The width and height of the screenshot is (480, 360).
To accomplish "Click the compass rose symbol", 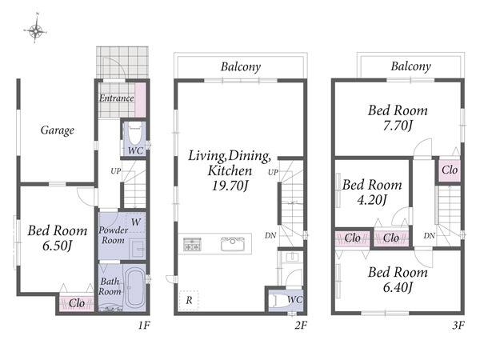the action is [35, 30].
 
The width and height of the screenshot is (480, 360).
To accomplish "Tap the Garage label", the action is [58, 130].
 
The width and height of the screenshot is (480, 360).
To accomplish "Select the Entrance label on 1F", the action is [117, 98].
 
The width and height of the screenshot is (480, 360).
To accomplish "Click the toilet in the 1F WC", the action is [135, 133].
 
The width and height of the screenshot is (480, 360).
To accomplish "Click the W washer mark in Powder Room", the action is [136, 222].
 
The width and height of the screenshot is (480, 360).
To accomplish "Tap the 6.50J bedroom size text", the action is [58, 246].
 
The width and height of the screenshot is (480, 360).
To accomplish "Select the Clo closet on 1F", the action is [77, 303].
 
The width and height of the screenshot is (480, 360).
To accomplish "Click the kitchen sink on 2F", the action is [233, 244].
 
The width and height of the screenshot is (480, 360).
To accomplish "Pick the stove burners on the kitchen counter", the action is [192, 244].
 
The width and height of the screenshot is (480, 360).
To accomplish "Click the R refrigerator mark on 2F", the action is [189, 300].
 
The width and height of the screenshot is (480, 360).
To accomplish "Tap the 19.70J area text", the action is [230, 186].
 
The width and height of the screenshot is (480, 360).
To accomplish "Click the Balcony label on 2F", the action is [241, 66].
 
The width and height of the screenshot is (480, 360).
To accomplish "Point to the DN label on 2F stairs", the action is [270, 235].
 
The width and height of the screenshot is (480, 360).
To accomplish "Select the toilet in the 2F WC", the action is [278, 300].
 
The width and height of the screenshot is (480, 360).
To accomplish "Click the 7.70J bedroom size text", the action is [398, 126].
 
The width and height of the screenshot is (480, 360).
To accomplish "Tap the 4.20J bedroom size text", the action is [372, 200].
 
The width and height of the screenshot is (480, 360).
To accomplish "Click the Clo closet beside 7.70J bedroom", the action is [450, 170].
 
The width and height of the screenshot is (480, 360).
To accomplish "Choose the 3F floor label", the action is [458, 325].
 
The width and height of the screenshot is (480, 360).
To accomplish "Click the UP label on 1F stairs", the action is [116, 171].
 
